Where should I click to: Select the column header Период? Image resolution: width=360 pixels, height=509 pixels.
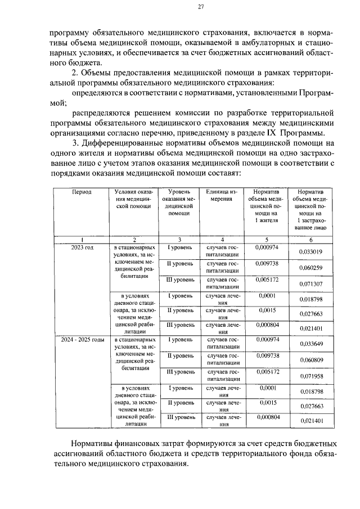(x=81, y=192)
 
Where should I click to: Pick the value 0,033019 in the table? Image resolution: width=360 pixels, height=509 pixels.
(x=310, y=251)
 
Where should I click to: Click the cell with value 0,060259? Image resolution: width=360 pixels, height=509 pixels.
(x=310, y=268)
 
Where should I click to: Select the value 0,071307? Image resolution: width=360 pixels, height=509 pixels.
(x=310, y=284)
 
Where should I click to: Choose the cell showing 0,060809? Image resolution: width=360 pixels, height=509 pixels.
(x=310, y=360)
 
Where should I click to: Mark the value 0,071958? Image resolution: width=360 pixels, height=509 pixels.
(x=310, y=376)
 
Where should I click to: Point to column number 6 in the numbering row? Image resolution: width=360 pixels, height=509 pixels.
(x=310, y=240)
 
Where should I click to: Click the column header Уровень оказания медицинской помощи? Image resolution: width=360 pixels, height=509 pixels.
(x=178, y=202)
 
